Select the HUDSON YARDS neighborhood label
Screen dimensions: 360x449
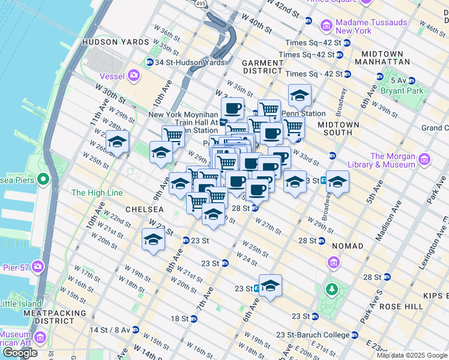point(115,42)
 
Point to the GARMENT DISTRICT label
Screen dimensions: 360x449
point(262,67)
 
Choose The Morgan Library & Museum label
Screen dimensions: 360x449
point(393,160)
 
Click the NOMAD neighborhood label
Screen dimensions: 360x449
point(346,246)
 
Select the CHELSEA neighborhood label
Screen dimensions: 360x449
point(144,209)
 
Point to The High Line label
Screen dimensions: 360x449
point(97,193)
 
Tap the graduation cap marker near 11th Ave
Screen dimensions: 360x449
point(118,142)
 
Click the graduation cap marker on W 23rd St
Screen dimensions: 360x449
point(153,239)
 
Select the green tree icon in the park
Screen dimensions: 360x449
point(331,290)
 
